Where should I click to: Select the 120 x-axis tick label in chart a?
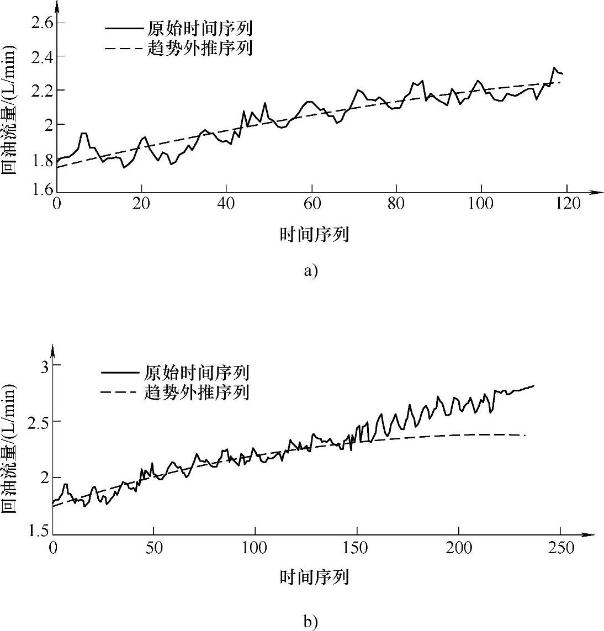[568, 204]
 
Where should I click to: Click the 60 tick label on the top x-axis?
[312, 204]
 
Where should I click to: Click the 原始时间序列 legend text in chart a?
[200, 28]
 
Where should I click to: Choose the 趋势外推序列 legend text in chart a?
[200, 47]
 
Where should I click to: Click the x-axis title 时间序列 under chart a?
[314, 235]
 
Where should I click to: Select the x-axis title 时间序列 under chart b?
[314, 578]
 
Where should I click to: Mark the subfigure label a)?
[311, 271]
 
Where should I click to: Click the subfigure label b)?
[311, 622]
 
